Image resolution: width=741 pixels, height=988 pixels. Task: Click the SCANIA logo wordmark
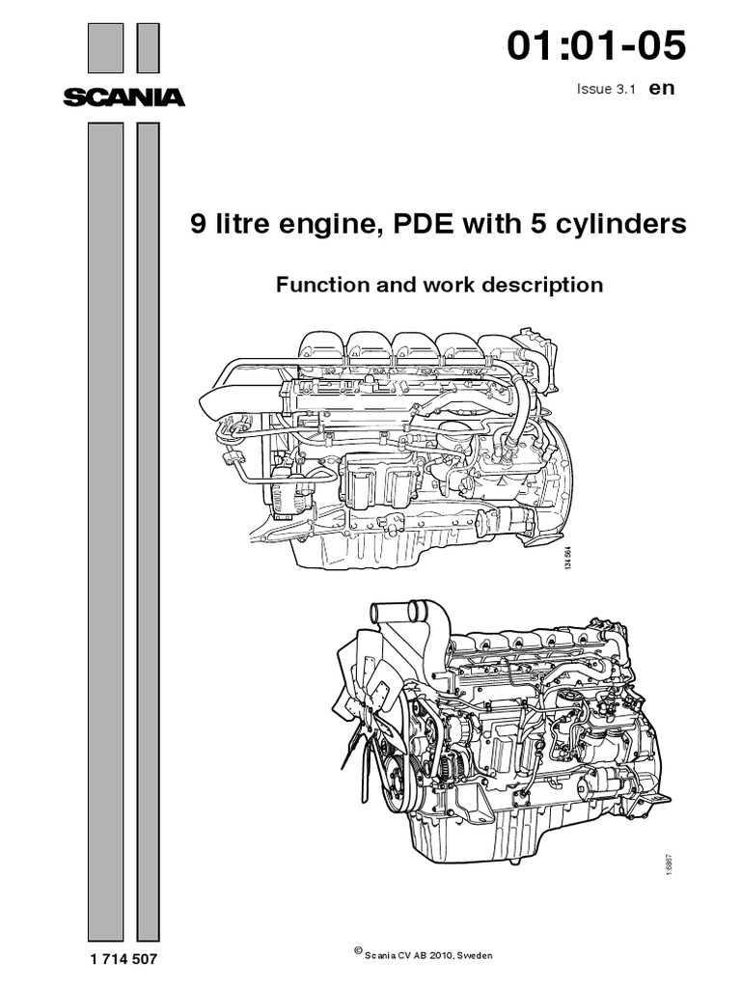(x=123, y=96)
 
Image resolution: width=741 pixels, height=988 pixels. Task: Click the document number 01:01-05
(x=596, y=46)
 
